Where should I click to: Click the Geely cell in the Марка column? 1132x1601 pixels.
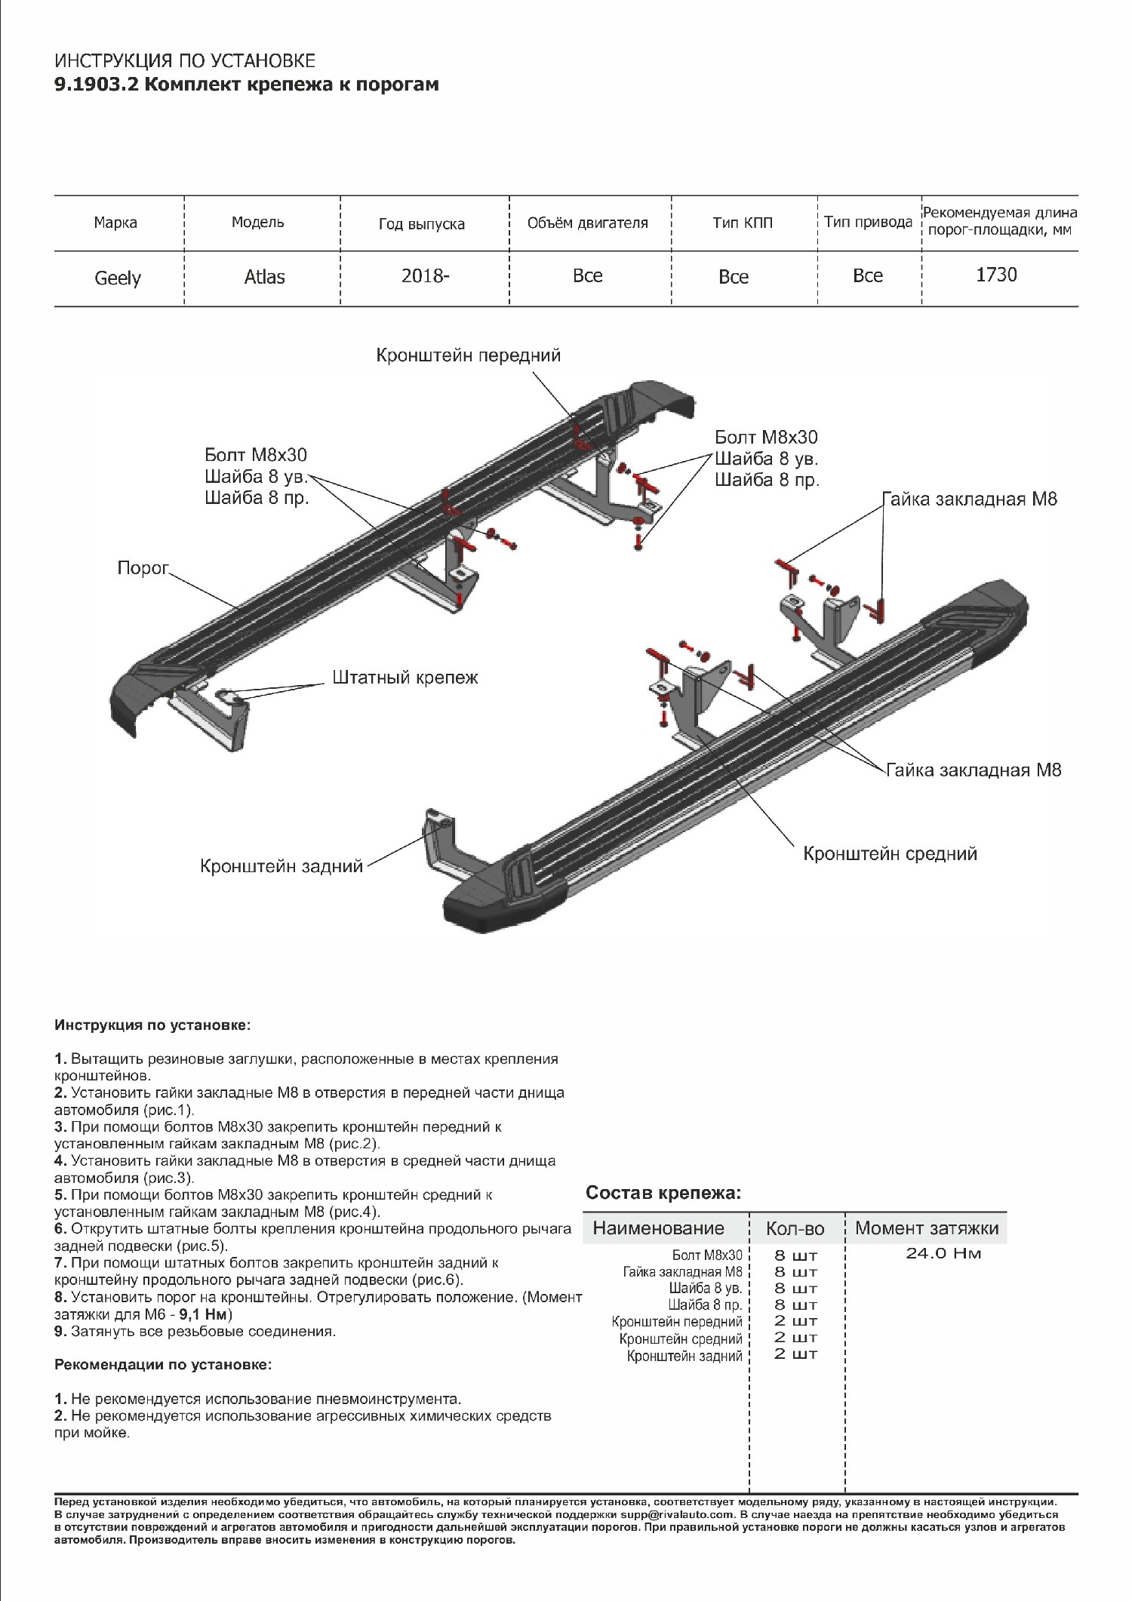point(118,278)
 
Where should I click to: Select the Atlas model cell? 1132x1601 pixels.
point(264,277)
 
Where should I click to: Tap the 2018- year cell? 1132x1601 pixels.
point(425,275)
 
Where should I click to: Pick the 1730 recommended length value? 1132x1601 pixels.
point(996,275)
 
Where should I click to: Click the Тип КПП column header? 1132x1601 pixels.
point(743,223)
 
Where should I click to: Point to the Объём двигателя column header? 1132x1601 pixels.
point(587,223)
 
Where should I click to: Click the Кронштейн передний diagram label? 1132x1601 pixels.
point(469,355)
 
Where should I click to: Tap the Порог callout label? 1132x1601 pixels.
point(143,568)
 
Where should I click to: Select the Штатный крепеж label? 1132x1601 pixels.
point(405,678)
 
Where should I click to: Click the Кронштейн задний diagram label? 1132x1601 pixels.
point(281,866)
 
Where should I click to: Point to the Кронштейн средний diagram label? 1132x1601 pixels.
point(890,853)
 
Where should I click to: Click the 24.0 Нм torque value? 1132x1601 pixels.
point(943,1254)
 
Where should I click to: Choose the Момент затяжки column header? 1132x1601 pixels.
point(926,1228)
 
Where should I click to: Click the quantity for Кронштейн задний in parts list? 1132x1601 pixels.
point(795,1354)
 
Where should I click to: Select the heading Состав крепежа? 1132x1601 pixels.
point(663,1193)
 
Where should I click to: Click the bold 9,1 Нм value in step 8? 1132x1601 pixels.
point(202,1315)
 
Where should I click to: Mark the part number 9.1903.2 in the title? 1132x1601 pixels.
point(96,85)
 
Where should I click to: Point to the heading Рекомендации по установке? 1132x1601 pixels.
point(162,1365)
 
